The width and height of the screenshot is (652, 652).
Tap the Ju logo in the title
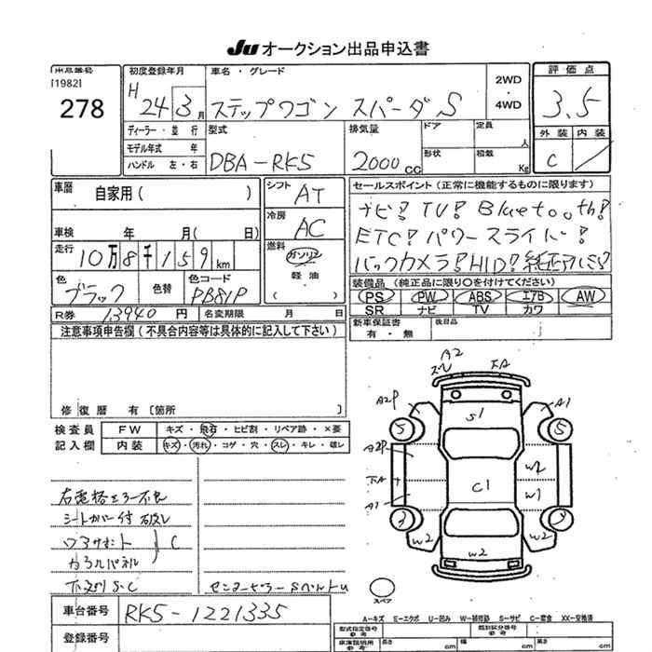tap(239, 48)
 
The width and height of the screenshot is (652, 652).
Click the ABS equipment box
tap(480, 295)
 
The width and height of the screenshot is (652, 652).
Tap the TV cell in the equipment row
tap(480, 308)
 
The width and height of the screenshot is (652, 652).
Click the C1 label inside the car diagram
tap(482, 484)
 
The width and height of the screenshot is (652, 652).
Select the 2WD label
tap(509, 81)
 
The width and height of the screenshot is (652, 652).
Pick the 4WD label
tap(509, 105)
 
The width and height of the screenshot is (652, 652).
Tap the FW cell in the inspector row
tap(135, 429)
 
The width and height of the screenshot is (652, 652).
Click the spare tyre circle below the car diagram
tap(384, 588)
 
